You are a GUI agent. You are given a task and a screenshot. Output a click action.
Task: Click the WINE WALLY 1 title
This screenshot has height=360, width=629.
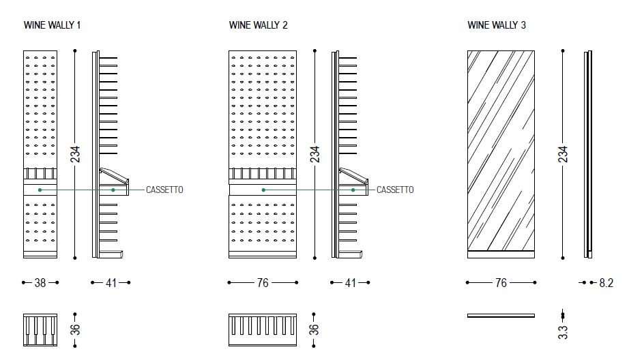[x=52, y=25]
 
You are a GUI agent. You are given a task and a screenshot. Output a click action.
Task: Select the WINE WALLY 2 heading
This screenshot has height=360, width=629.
[x=259, y=25]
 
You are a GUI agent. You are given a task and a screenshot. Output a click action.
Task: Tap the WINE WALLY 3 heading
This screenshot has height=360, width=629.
[x=497, y=25]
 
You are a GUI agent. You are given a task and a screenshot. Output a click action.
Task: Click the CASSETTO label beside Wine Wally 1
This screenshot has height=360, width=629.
[x=164, y=190]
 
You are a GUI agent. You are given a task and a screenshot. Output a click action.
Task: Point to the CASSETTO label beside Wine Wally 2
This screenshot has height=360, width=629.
[x=395, y=190]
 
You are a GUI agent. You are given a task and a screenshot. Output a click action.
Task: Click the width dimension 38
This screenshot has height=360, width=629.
[x=40, y=283]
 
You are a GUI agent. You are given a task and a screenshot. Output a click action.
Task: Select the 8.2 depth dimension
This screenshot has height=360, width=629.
[x=606, y=283]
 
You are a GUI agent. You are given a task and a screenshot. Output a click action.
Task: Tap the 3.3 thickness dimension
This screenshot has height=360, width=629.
[x=564, y=332]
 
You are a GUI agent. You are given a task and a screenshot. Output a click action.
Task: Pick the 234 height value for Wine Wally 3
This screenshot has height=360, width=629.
[x=564, y=154]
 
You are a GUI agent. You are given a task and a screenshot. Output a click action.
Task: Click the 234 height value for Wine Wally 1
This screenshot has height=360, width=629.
[x=76, y=154]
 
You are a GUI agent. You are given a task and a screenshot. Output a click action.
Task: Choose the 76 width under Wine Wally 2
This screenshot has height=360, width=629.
[x=263, y=283]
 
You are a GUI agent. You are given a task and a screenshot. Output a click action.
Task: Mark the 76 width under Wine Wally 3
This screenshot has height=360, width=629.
[x=501, y=283]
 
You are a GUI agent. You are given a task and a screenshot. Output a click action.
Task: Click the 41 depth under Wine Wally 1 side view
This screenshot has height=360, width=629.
[x=111, y=283]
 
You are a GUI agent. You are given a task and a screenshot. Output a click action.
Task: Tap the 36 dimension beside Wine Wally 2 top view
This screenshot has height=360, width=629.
[x=314, y=329]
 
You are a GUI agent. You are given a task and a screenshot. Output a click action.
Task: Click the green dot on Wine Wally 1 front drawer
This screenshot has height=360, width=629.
[x=40, y=190]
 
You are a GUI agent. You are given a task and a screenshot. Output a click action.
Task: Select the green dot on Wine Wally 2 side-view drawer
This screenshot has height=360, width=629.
[x=353, y=190]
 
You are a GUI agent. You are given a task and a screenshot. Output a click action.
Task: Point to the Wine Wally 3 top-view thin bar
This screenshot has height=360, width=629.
[x=501, y=316]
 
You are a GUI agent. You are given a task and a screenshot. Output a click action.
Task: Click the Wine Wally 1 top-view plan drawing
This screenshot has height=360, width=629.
[x=40, y=330]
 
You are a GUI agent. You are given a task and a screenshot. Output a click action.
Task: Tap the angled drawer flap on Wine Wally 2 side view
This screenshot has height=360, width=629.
[x=353, y=176]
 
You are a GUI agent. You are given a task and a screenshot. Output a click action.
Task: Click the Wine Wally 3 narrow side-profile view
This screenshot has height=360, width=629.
[x=588, y=154]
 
